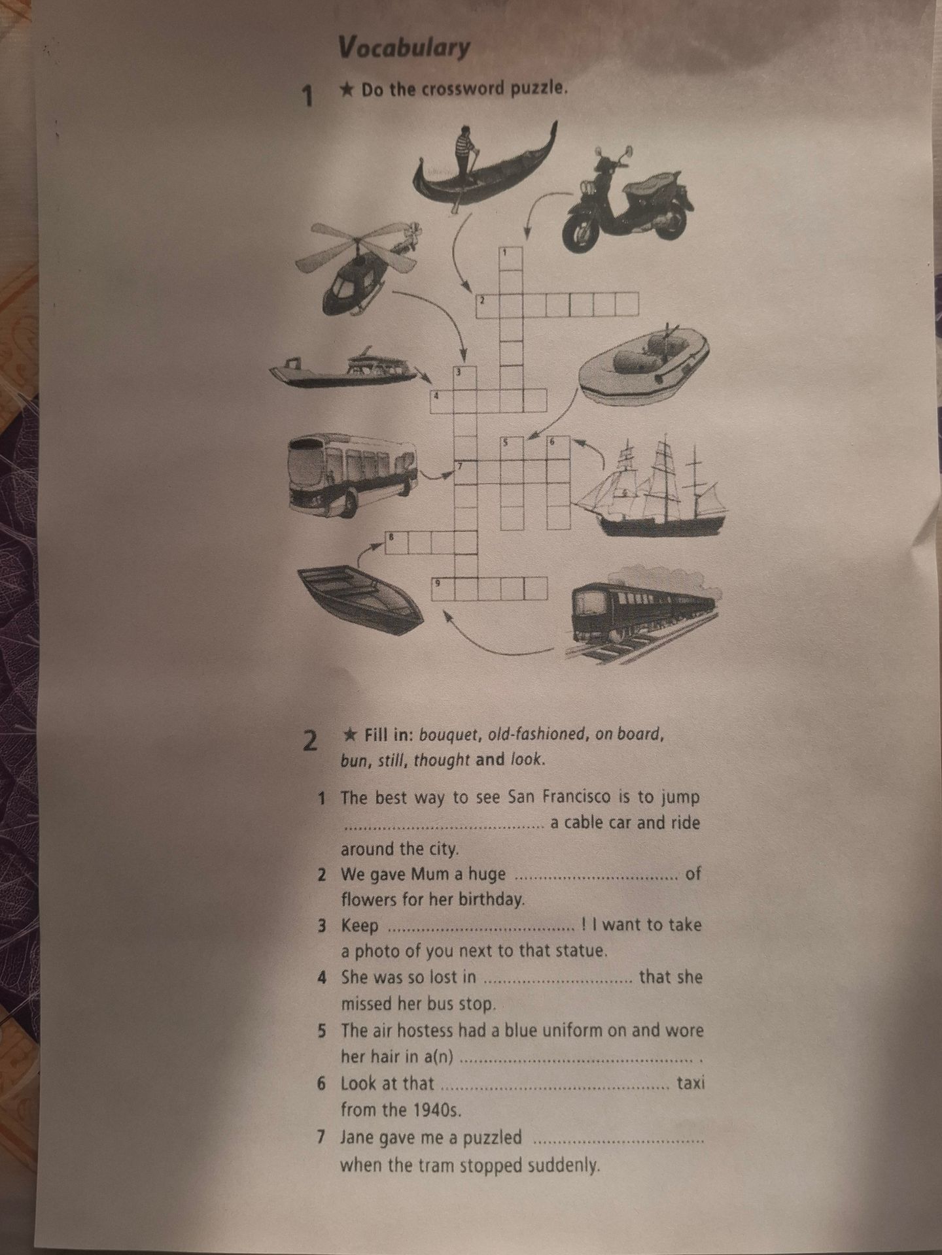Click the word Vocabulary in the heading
point(404,47)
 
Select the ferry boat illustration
point(343,370)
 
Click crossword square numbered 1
point(511,258)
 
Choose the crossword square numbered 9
point(443,589)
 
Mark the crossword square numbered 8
point(396,543)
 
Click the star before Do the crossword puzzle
point(347,88)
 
